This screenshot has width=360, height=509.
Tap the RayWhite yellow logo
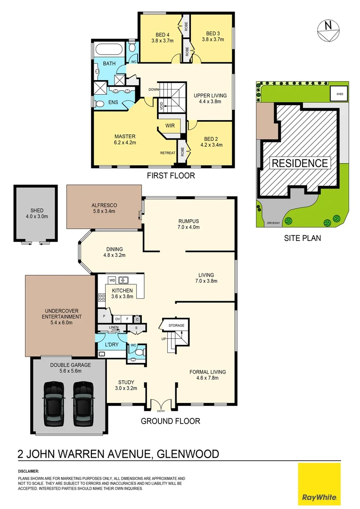coord(319,484)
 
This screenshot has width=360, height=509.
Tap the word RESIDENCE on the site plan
coord(300,164)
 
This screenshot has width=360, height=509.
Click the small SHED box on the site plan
coord(340,94)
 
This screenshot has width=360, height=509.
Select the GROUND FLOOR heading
coord(171,421)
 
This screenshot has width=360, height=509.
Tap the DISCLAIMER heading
coord(28,471)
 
